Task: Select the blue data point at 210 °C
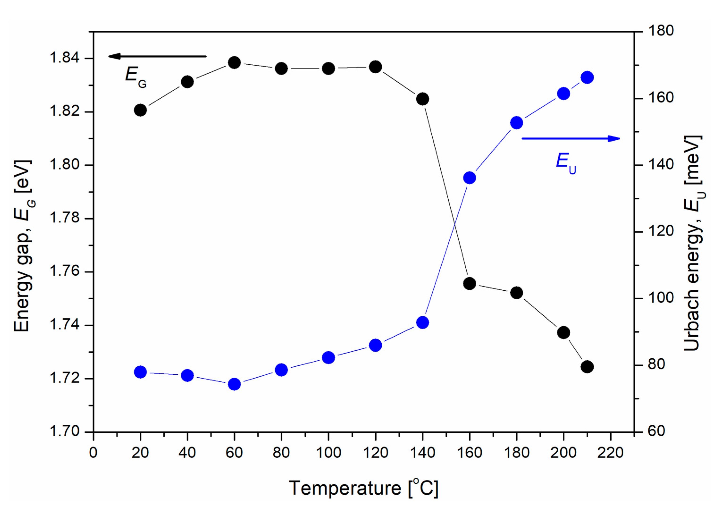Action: [587, 78]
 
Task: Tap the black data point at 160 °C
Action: [470, 283]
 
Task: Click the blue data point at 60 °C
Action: [234, 384]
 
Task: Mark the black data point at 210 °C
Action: [587, 367]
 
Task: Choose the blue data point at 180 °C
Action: [517, 122]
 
